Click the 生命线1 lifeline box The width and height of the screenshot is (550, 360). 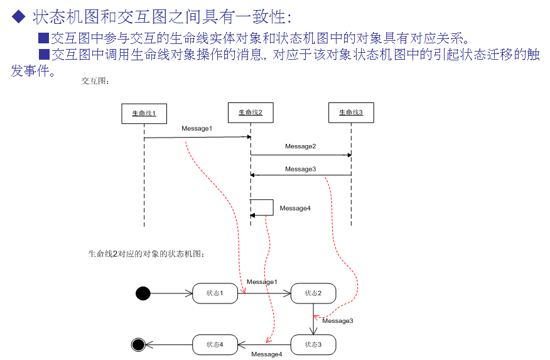144,113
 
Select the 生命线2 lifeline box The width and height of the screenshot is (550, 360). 251,112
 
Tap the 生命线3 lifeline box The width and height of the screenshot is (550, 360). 351,112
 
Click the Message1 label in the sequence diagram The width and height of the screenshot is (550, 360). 197,129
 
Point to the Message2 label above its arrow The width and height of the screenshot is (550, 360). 301,146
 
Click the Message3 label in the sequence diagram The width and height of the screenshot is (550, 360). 300,169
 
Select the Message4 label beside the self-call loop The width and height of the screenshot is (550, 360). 295,208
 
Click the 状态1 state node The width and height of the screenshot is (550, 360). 215,293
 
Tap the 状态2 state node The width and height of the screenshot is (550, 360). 313,293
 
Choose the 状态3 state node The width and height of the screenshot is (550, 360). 313,344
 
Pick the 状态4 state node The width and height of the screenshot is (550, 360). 215,344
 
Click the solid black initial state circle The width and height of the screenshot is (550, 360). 143,293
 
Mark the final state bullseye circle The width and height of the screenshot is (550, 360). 138,344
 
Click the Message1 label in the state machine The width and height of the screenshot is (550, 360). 262,282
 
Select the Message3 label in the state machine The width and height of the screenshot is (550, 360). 338,321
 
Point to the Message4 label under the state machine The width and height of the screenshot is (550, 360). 267,354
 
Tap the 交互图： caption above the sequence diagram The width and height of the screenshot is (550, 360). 96,80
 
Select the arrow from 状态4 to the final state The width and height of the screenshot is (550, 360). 168,344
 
